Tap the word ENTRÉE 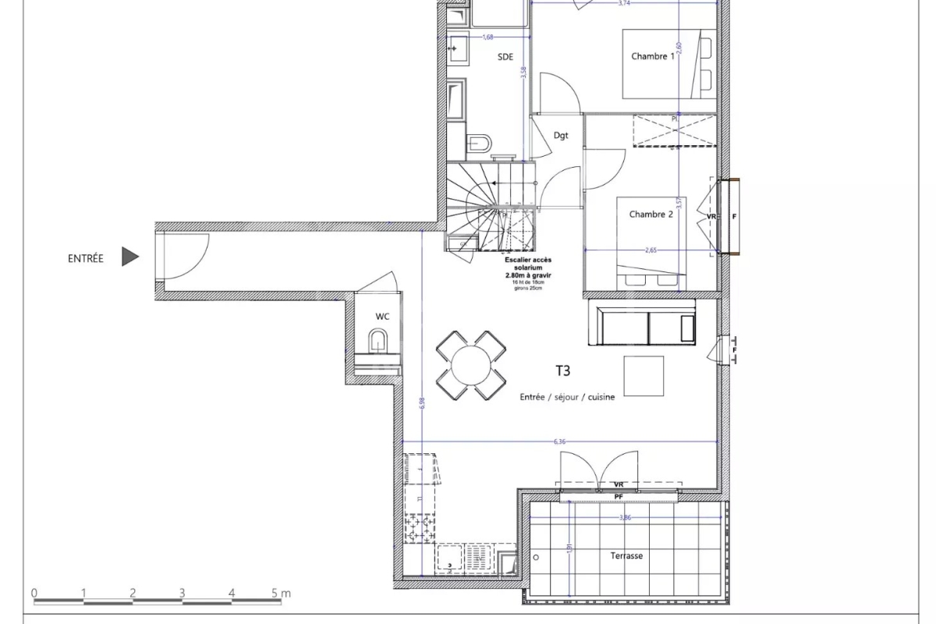pos(85,259)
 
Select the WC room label pos(382,317)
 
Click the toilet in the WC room pos(379,342)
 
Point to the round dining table pos(470,364)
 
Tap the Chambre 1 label pos(652,56)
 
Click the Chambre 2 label pos(651,215)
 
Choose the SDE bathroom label pos(506,57)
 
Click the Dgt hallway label pos(560,135)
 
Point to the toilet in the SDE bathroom pos(479,144)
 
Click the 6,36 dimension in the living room pos(559,442)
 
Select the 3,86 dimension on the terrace pos(625,517)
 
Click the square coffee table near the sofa pos(643,376)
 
